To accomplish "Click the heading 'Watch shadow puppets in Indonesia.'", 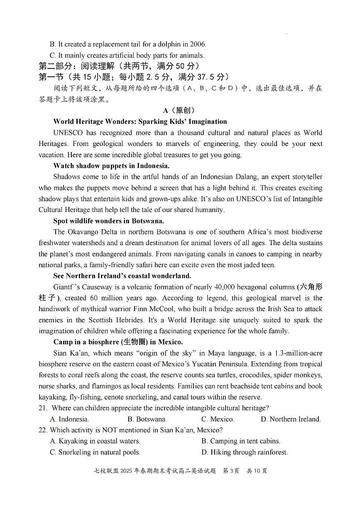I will pyautogui.click(x=111, y=166).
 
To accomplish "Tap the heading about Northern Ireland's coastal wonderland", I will pyautogui.click(x=122, y=276).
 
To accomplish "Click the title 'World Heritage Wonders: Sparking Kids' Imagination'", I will pyautogui.click(x=140, y=122).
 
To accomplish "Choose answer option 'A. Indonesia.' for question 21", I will pyautogui.click(x=69, y=419).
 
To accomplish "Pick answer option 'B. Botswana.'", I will pyautogui.click(x=147, y=419).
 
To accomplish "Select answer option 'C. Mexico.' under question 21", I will pyautogui.click(x=218, y=419).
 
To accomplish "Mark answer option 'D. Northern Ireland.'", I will pyautogui.click(x=291, y=419).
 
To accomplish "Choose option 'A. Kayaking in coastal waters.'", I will pyautogui.click(x=95, y=441).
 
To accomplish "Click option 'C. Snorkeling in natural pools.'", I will pyautogui.click(x=95, y=452).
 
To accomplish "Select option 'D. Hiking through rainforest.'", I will pyautogui.click(x=245, y=452).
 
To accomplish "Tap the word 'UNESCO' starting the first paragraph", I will pyautogui.click(x=68, y=133).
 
